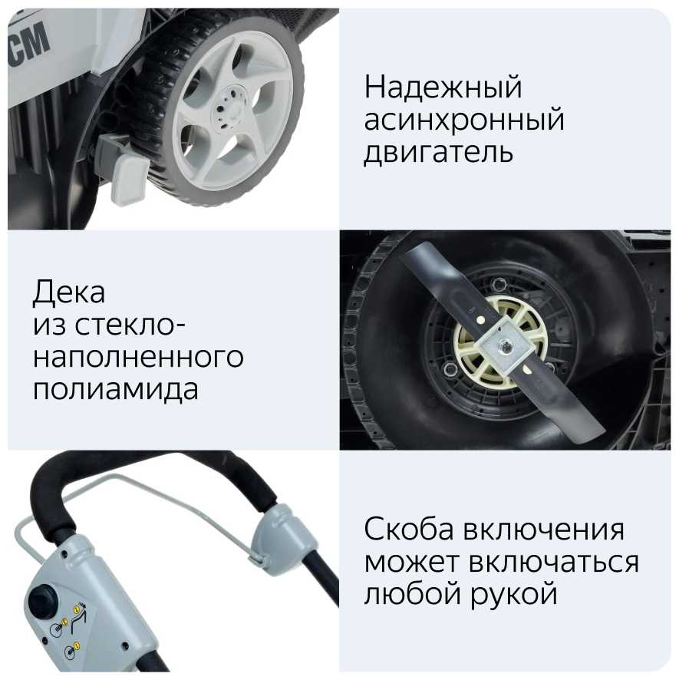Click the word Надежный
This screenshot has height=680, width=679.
[443, 87]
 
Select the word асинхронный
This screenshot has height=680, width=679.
[464, 120]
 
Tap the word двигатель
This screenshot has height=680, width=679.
[438, 152]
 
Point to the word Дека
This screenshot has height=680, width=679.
[69, 292]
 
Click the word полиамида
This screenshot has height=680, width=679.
[116, 390]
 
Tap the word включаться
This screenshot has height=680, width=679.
[554, 562]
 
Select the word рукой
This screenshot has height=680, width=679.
[514, 594]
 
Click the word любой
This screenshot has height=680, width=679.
[414, 594]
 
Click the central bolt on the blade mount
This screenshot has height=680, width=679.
[505, 345]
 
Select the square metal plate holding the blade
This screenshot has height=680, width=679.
[505, 344]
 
